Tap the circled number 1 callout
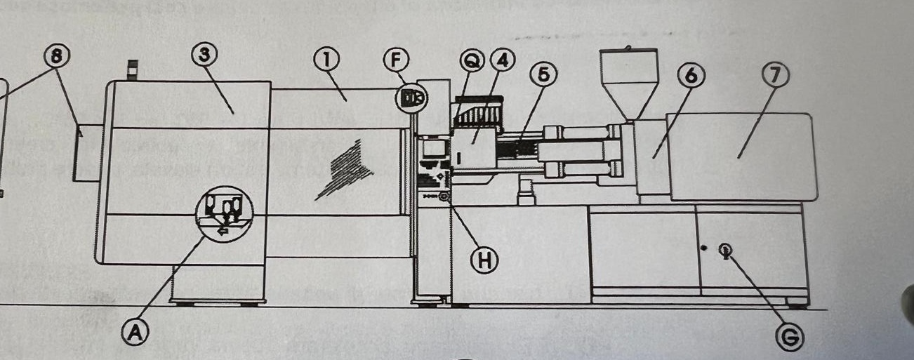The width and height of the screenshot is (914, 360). click(327, 60)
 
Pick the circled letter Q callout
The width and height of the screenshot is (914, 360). click(472, 62)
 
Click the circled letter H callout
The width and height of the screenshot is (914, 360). click(483, 260)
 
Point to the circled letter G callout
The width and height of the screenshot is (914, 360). click(790, 338)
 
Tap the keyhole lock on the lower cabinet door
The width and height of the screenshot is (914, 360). click(726, 249)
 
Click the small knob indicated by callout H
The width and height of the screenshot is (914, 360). click(444, 198)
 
